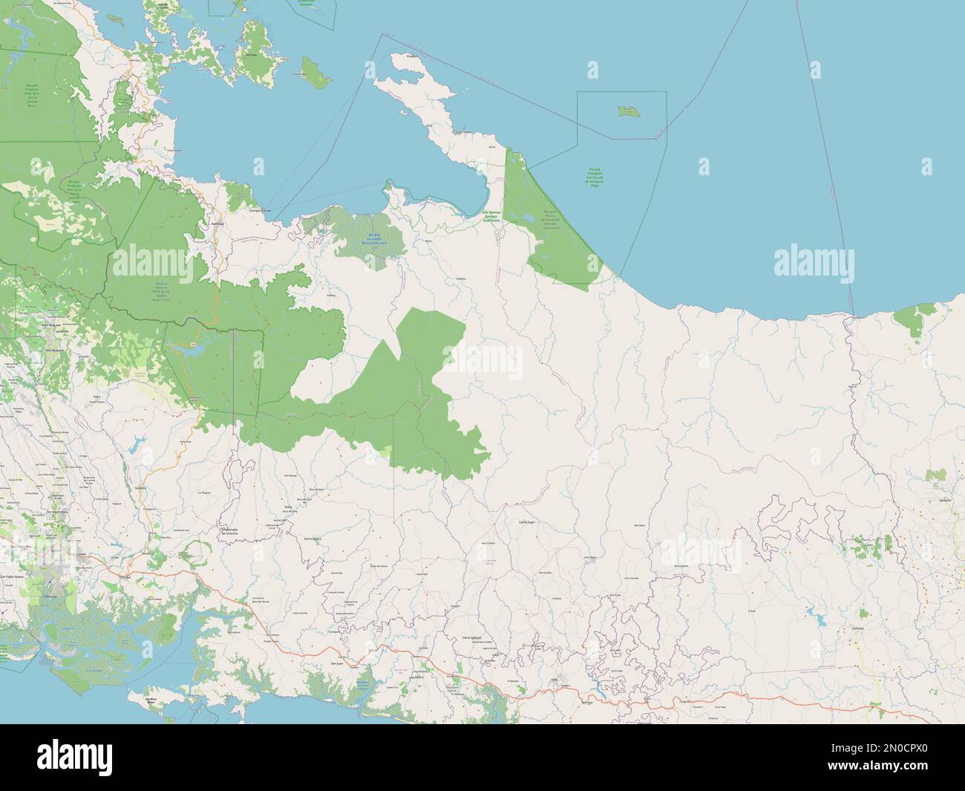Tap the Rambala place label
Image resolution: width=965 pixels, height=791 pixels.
click(x=217, y=223)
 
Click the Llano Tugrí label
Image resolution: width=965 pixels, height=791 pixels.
click(x=526, y=522)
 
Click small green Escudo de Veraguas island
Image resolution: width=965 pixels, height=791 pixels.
click(x=628, y=111)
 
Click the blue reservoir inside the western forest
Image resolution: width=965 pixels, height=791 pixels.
click(x=194, y=345)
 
